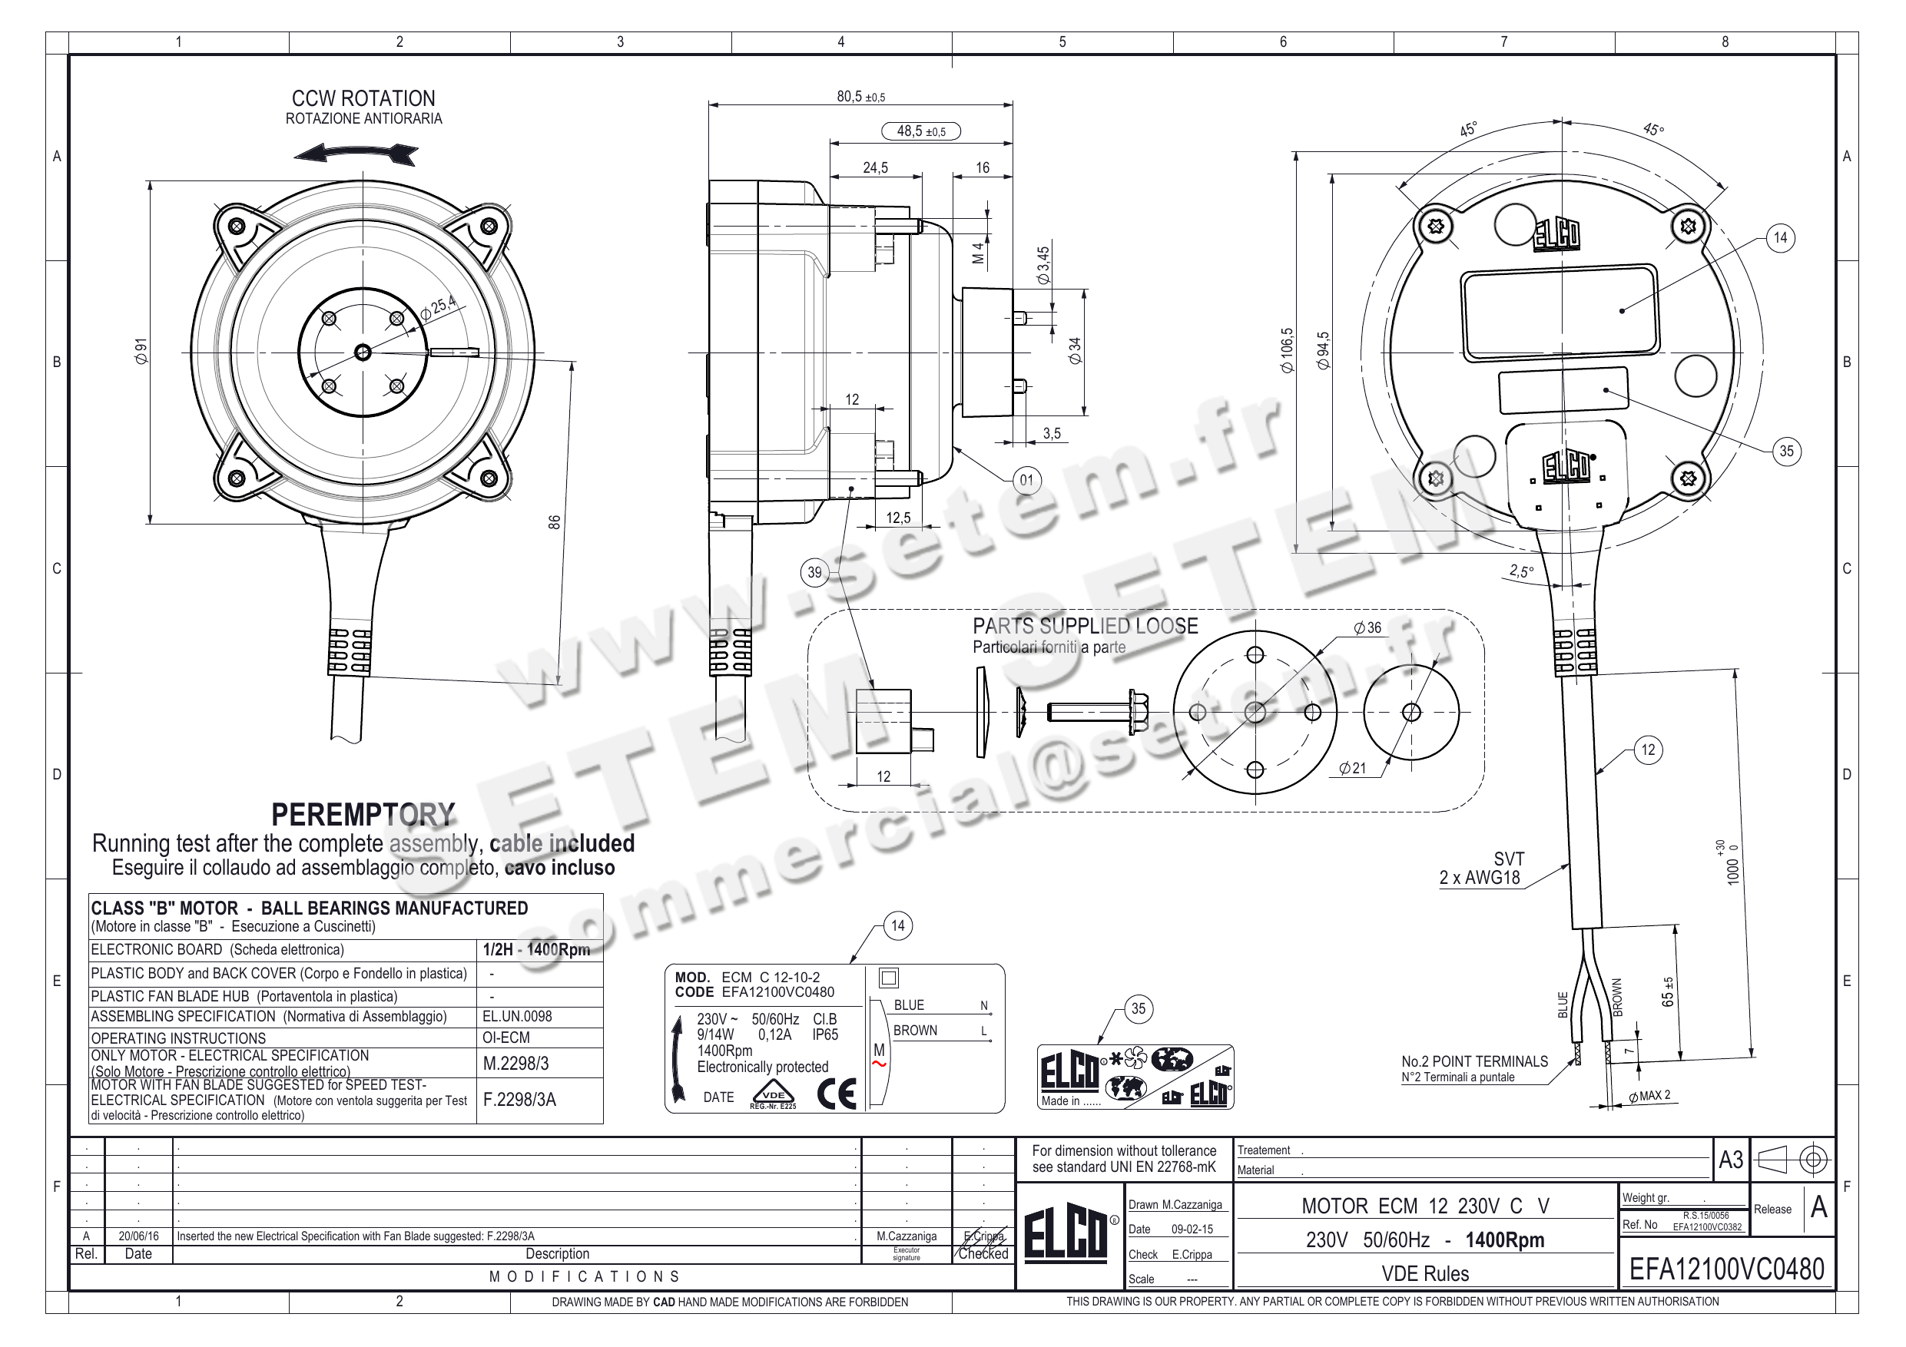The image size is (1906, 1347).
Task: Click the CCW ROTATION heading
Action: pyautogui.click(x=363, y=99)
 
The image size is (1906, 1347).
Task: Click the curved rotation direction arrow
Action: pyautogui.click(x=356, y=153)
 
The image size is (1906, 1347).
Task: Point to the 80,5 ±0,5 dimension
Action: pyautogui.click(x=860, y=97)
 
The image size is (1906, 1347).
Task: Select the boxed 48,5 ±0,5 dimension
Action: pyautogui.click(x=920, y=131)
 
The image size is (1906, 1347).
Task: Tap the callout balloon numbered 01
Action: pyautogui.click(x=1026, y=480)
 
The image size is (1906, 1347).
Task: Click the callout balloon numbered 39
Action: pyautogui.click(x=814, y=573)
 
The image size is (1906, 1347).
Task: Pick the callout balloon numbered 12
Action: pyautogui.click(x=1648, y=750)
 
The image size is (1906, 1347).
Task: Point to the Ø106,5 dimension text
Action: pyautogui.click(x=1287, y=350)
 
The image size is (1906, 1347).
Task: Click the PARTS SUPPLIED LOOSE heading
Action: pyautogui.click(x=1085, y=626)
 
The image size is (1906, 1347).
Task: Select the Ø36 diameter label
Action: pyautogui.click(x=1367, y=627)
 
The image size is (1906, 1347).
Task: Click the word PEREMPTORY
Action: pyautogui.click(x=363, y=815)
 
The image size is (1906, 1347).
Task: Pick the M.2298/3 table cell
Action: pyautogui.click(x=515, y=1063)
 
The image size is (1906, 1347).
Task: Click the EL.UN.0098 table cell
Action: pyautogui.click(x=516, y=1016)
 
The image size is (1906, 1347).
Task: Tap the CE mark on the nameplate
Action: pyautogui.click(x=836, y=1094)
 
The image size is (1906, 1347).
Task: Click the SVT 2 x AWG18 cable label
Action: pyautogui.click(x=1481, y=868)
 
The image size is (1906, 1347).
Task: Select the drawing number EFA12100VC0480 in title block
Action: pyautogui.click(x=1727, y=1269)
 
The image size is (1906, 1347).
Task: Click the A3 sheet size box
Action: pyautogui.click(x=1730, y=1160)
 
